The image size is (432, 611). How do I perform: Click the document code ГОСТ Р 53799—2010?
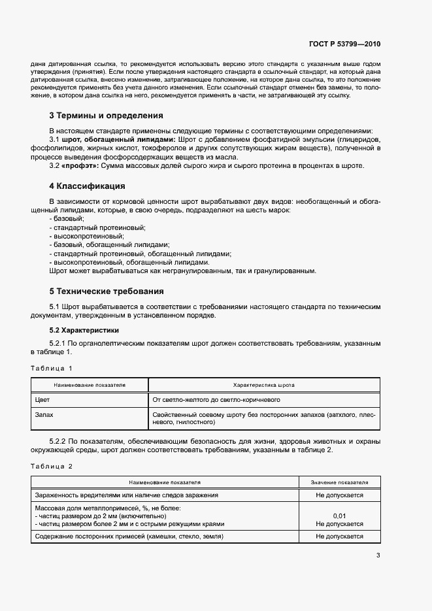[x=344, y=45]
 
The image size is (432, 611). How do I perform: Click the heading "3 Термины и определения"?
[x=106, y=116]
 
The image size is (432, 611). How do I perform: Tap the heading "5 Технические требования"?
[x=107, y=291]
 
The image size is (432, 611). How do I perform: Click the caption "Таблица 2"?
[x=52, y=466]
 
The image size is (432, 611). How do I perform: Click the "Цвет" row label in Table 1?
[x=42, y=399]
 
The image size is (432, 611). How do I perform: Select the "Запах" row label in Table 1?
[x=44, y=414]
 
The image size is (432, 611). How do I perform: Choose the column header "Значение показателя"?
[x=339, y=483]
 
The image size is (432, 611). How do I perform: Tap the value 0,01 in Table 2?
[x=339, y=516]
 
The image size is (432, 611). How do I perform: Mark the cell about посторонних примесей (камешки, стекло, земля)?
[x=129, y=537]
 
